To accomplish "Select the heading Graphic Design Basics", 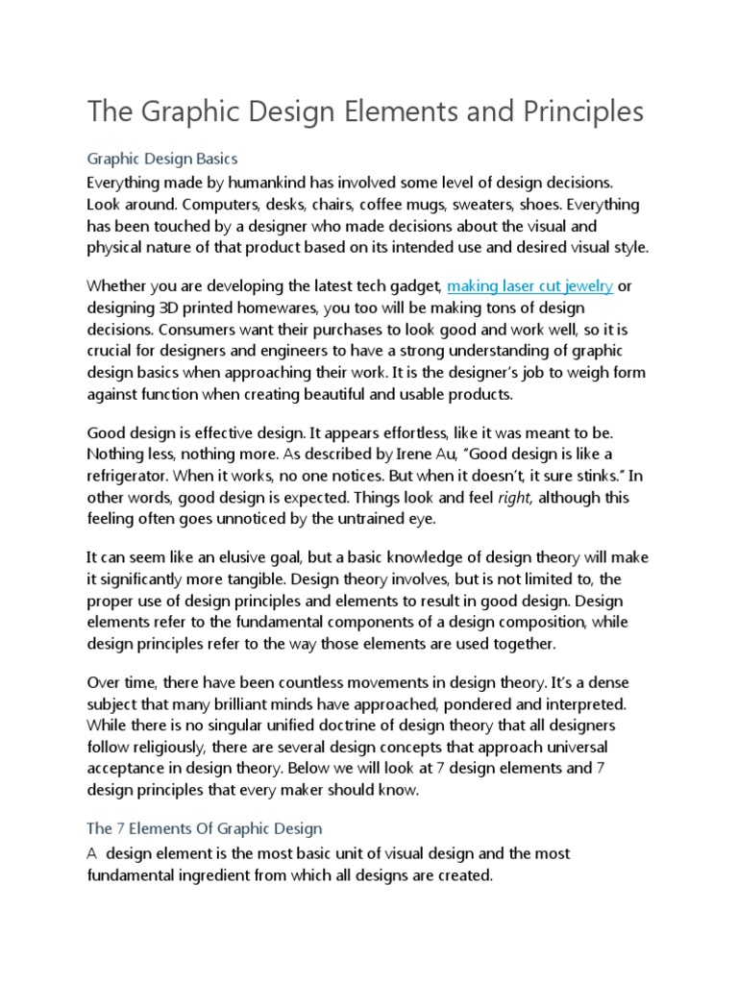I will click(161, 159).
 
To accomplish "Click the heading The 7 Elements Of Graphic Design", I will click(205, 827).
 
